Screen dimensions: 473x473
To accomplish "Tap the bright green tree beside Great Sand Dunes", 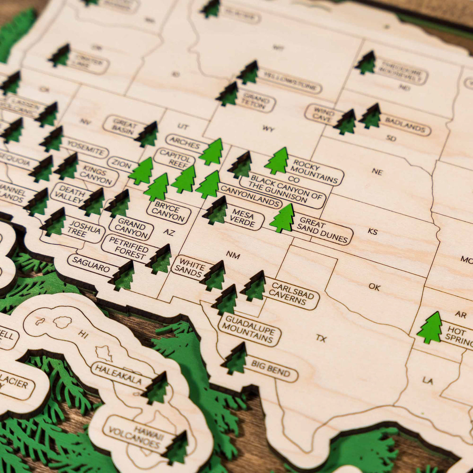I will point(283,219).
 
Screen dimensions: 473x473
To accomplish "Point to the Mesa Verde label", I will point(243,218).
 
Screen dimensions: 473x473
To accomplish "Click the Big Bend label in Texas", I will point(271,369).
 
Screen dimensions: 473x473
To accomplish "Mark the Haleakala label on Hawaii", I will point(118,374).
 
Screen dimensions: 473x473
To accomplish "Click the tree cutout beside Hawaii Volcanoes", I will point(176,449).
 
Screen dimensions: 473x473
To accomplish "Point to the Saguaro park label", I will point(91,264).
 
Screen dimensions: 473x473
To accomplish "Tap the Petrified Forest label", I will point(128,248).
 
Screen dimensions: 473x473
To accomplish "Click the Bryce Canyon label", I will point(168,210).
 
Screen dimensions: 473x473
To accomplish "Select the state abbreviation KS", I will point(373,232).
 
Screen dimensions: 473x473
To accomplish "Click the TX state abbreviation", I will point(321,338).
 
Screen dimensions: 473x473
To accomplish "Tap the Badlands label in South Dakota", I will point(405,125).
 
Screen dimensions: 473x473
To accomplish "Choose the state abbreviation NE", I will point(377,172).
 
